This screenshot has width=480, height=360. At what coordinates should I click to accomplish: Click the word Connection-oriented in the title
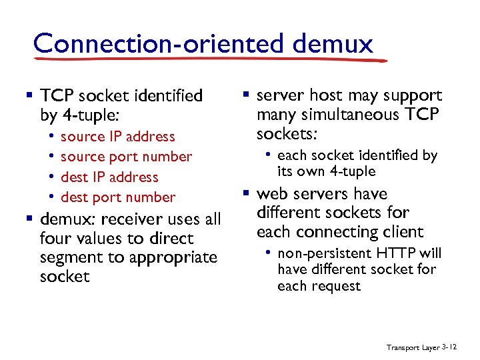point(151,43)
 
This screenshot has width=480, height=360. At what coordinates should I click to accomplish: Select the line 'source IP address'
point(117,137)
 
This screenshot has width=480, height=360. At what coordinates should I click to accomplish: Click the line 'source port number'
point(126,157)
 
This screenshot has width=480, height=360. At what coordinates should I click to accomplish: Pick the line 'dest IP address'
point(109,177)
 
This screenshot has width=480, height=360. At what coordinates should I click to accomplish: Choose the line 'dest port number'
point(118,197)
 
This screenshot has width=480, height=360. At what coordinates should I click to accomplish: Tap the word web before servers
point(272,194)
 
